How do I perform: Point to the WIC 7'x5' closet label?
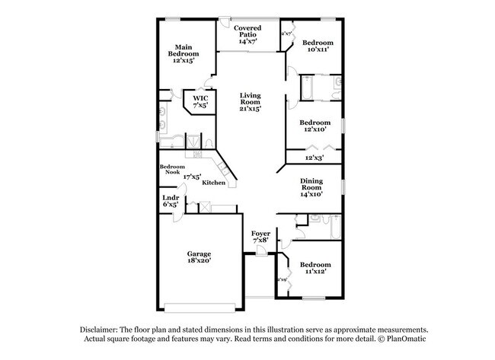[x=200, y=101]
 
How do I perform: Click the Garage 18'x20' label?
[x=200, y=256]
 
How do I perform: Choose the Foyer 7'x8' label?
[x=261, y=237]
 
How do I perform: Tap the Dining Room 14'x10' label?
[x=311, y=186]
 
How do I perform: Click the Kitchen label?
[x=213, y=183]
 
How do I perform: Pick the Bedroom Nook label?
[x=171, y=169]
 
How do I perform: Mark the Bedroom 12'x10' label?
[x=314, y=126]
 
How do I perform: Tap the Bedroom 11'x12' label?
[x=314, y=268]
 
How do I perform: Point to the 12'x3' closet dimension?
[x=314, y=158]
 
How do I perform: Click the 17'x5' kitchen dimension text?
[x=192, y=177]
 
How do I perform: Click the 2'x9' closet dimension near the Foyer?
[x=282, y=280]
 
